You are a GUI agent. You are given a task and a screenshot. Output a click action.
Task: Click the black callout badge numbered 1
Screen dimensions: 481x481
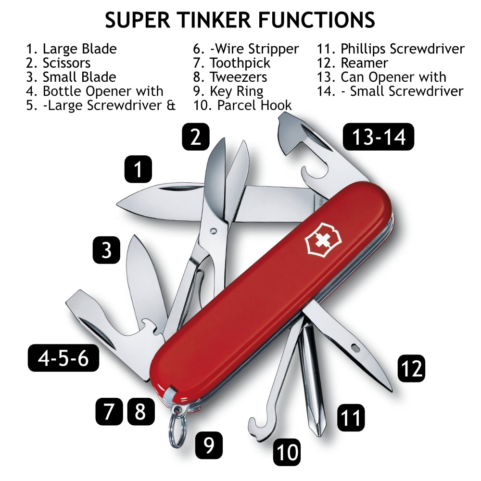click(138, 169)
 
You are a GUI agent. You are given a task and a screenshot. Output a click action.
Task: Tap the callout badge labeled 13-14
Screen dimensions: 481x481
click(379, 137)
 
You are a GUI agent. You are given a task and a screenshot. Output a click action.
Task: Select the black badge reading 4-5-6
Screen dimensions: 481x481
click(63, 358)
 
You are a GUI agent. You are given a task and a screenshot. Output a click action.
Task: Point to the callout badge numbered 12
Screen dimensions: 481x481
click(412, 368)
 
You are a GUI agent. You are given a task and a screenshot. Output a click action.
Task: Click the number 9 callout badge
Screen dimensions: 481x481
click(209, 445)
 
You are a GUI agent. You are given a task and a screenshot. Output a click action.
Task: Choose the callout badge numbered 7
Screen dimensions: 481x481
click(109, 411)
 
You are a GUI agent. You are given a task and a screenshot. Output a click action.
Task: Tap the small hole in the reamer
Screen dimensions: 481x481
click(355, 347)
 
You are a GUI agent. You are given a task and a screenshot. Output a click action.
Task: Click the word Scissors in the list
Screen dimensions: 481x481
click(66, 63)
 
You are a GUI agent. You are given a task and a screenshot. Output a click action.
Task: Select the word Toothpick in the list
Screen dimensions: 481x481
click(240, 63)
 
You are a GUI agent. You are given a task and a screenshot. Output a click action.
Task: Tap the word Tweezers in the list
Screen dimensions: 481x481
click(238, 77)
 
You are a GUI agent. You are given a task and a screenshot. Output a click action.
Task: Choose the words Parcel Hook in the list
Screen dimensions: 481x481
click(254, 105)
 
